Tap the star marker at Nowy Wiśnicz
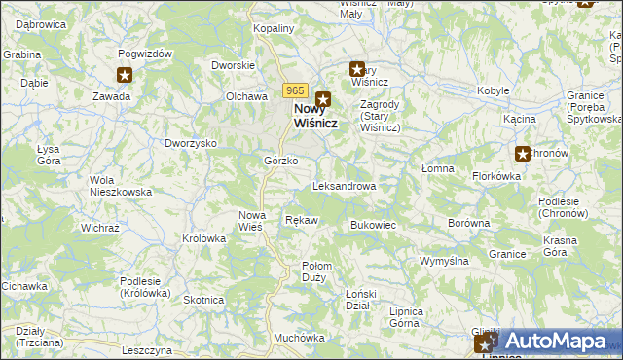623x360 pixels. pyautogui.click(x=322, y=98)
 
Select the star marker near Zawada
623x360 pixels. pyautogui.click(x=124, y=75)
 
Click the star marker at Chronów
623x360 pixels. pyautogui.click(x=522, y=153)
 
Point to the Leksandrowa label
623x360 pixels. pyautogui.click(x=344, y=185)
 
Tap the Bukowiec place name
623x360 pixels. pyautogui.click(x=372, y=225)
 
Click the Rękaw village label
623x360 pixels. pyautogui.click(x=301, y=220)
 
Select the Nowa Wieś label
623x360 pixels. pyautogui.click(x=252, y=221)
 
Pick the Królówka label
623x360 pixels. pyautogui.click(x=203, y=237)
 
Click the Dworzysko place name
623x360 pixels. pyautogui.click(x=190, y=143)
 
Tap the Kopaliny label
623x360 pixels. pyautogui.click(x=274, y=29)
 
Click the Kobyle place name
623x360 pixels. pyautogui.click(x=494, y=90)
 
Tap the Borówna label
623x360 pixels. pyautogui.click(x=468, y=223)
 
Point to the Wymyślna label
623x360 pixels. pyautogui.click(x=444, y=261)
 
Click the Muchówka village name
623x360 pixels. pyautogui.click(x=299, y=338)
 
